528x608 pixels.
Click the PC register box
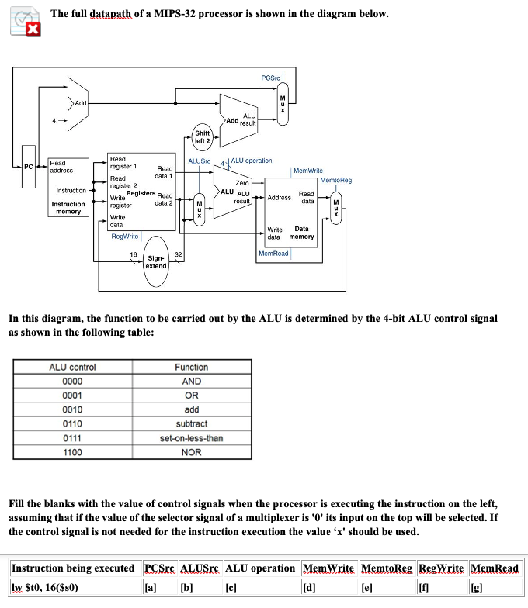[x=27, y=166]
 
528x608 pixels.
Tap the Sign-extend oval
[x=155, y=261]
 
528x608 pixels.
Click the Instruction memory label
[x=68, y=207]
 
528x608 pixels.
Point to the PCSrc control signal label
[x=271, y=77]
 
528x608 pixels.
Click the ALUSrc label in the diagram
[x=200, y=161]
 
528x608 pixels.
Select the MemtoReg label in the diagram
[x=335, y=180]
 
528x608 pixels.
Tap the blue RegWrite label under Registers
[x=125, y=236]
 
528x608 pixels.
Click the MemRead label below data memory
[x=273, y=253]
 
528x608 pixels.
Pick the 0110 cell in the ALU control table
[x=72, y=424]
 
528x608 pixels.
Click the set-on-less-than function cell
[x=191, y=438]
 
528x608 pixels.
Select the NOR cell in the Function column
[x=191, y=452]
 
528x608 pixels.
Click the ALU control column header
[x=72, y=367]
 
